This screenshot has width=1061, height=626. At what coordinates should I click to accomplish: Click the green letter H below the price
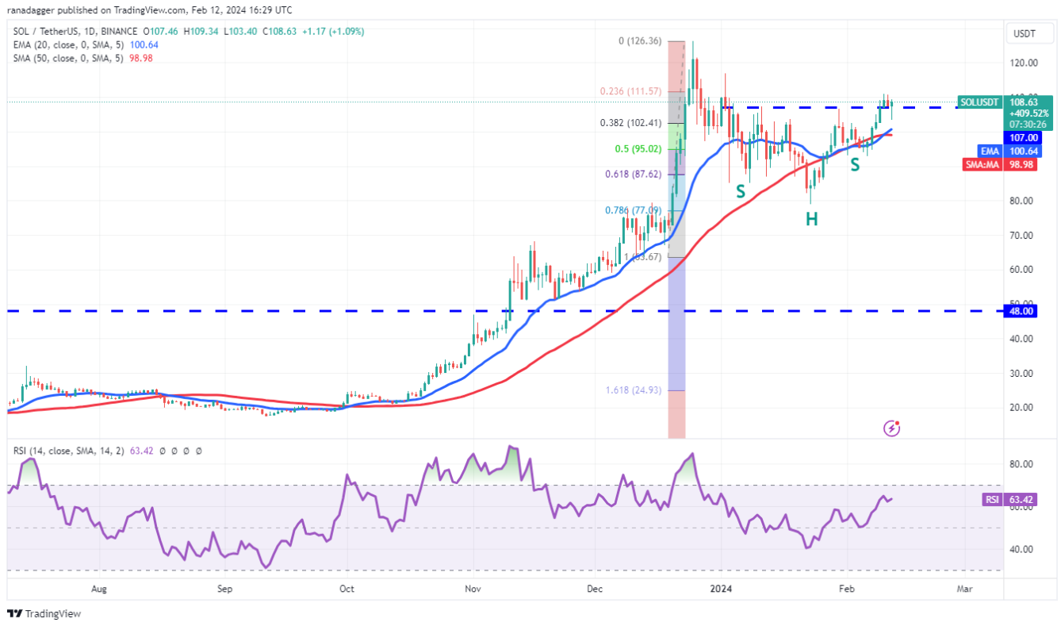click(x=812, y=220)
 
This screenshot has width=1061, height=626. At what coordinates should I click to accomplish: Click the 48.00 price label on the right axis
click(x=1021, y=312)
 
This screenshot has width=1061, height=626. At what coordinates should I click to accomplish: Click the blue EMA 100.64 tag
click(x=1009, y=151)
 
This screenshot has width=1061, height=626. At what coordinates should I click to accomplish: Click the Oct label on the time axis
click(x=346, y=589)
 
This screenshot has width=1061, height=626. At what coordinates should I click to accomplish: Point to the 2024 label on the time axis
click(x=722, y=589)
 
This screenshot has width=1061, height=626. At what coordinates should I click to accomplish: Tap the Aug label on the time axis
click(x=98, y=589)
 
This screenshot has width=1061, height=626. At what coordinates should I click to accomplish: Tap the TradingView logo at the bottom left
click(x=44, y=613)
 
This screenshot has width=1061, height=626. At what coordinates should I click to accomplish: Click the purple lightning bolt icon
click(x=892, y=428)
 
